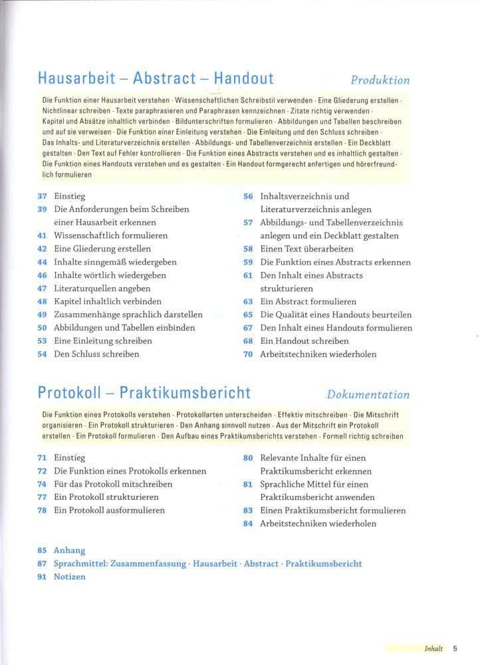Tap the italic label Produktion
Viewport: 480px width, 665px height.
tap(380, 80)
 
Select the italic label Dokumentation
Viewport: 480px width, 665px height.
tap(368, 394)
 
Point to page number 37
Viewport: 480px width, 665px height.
tap(42, 196)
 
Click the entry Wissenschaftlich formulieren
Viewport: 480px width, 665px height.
tap(110, 235)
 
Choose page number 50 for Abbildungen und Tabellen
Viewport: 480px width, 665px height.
tap(42, 328)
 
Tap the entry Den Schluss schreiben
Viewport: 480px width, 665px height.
tap(96, 354)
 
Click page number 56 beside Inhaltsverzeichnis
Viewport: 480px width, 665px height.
tap(248, 196)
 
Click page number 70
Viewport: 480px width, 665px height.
tap(248, 354)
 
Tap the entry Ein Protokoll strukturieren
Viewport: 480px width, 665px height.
tap(106, 497)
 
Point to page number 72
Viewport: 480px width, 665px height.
tap(42, 471)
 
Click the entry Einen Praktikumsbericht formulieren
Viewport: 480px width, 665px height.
tap(333, 511)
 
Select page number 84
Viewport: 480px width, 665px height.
tap(248, 523)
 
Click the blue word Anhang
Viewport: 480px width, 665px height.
tap(70, 551)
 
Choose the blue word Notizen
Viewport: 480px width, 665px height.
tap(70, 577)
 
